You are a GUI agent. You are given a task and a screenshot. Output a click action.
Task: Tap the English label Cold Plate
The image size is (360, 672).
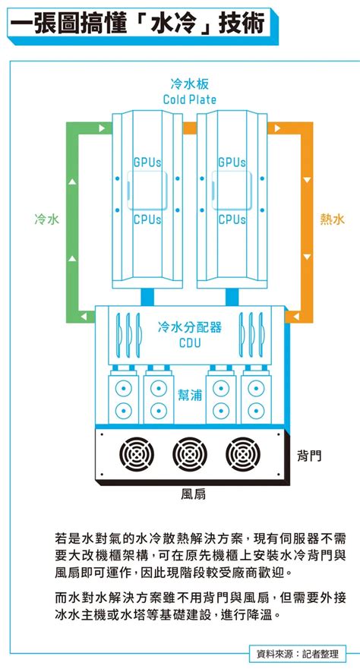pos(189,99)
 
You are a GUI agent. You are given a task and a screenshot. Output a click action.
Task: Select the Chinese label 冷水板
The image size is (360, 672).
pos(189,83)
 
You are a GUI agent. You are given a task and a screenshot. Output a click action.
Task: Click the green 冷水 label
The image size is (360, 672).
pos(47,219)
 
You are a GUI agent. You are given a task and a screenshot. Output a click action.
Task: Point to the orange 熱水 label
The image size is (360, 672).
pos(333,219)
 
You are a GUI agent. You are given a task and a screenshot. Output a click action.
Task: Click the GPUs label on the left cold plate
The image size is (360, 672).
pos(147,162)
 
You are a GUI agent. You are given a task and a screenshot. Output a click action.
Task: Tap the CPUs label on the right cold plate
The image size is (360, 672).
pos(232,220)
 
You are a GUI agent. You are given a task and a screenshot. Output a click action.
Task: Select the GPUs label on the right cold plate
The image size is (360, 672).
pos(232,162)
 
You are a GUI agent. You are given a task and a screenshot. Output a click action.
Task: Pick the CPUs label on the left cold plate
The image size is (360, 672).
pos(147,220)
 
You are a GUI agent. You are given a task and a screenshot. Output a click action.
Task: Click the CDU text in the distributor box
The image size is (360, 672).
pos(190,343)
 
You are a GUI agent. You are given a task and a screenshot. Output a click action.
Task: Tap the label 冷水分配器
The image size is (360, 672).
pos(190,328)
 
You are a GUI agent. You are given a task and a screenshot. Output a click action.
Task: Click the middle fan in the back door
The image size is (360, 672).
pos(190,454)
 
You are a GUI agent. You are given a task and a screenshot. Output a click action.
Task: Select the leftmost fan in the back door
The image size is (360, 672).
pos(137,454)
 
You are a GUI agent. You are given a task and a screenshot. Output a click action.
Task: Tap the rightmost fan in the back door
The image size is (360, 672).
pos(242,454)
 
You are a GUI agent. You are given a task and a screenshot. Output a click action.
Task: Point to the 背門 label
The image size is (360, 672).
pos(308,456)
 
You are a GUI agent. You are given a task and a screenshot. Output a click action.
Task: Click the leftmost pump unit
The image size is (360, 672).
pos(124,396)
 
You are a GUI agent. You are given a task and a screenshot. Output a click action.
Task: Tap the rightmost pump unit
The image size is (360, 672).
pos(255,396)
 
